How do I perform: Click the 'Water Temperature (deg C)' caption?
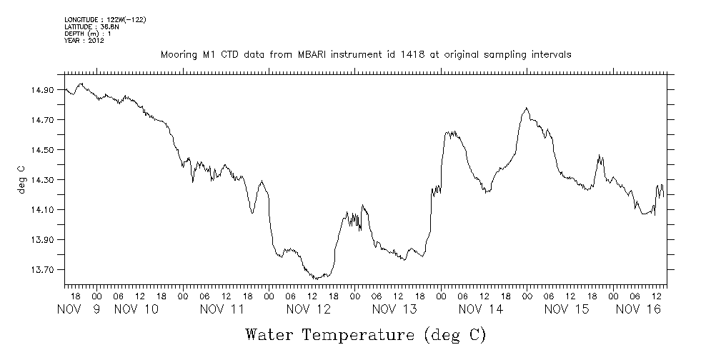[366, 334]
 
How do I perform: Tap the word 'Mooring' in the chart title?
[179, 55]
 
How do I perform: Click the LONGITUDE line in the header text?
[105, 20]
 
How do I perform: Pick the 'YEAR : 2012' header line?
[84, 41]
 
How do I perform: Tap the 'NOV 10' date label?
[136, 309]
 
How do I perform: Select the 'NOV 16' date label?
[637, 309]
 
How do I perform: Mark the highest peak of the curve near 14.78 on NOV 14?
[527, 108]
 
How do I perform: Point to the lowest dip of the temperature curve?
[315, 279]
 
